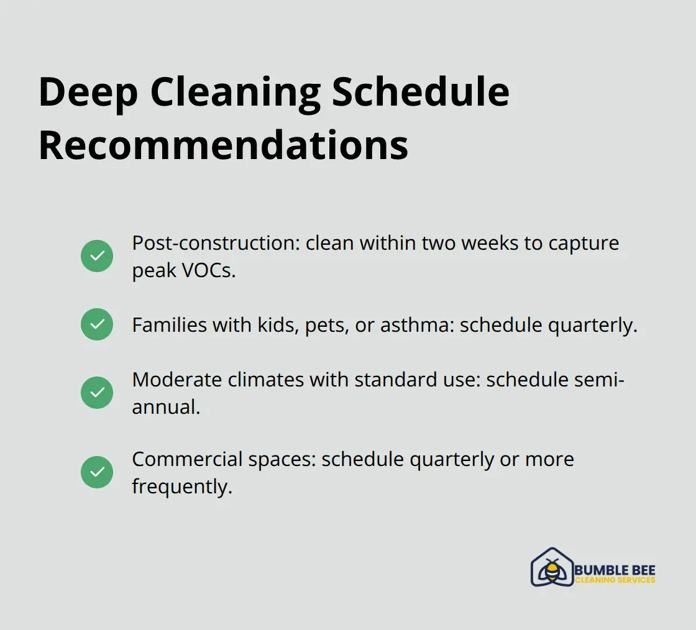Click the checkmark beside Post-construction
(97, 256)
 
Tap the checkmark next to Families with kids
(97, 324)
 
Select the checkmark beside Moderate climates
(97, 393)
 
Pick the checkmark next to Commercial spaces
(97, 472)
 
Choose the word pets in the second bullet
(327, 325)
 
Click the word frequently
(181, 487)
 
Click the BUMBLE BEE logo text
(615, 570)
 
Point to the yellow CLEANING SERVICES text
(615, 580)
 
